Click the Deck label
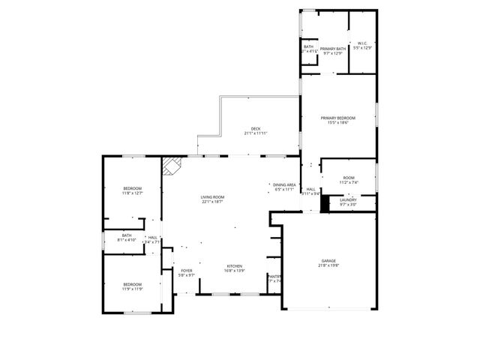(256, 129)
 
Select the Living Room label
(212, 197)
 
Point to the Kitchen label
(235, 266)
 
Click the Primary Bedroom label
(337, 118)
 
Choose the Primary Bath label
(332, 48)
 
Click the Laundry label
(347, 199)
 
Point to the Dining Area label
(284, 184)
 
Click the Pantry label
(274, 277)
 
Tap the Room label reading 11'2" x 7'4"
(349, 177)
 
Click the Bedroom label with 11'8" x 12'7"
(132, 188)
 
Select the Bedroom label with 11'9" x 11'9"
(132, 284)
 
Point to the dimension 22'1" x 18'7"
(212, 202)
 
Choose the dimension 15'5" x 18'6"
(337, 122)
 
